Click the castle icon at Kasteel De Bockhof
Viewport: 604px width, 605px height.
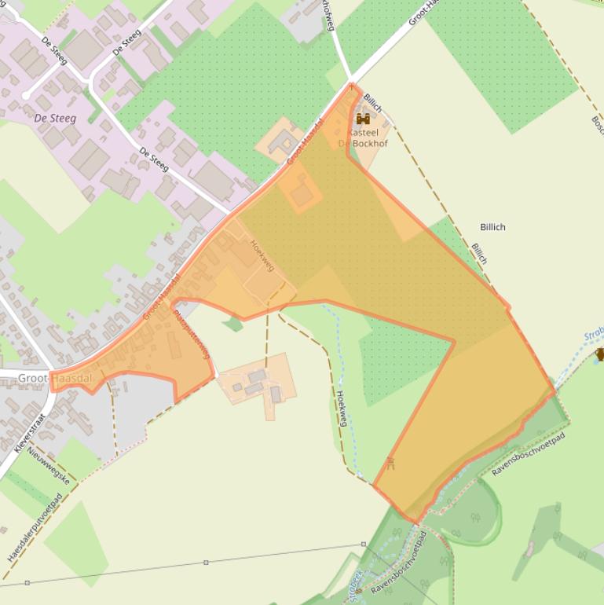coord(363,119)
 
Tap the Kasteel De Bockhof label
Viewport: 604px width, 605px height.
coord(358,138)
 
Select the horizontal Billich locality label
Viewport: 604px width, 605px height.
coord(492,227)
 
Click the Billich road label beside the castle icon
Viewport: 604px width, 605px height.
coord(373,103)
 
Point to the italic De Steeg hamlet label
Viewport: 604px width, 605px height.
coord(56,118)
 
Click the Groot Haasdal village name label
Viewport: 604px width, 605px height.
coord(55,378)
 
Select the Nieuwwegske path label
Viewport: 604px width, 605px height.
coord(49,464)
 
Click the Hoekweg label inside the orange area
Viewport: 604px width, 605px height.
coord(262,255)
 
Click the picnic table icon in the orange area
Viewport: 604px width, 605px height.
coord(390,463)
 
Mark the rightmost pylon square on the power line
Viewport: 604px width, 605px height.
coord(364,544)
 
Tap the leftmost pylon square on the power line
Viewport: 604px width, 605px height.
coord(27,583)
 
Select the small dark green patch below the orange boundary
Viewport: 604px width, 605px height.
coord(232,323)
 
